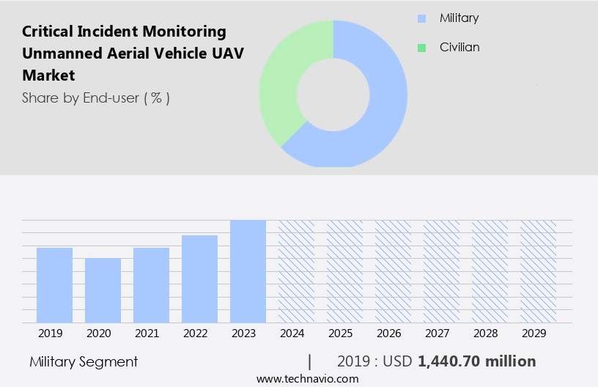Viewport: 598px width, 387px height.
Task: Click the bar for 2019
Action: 54,285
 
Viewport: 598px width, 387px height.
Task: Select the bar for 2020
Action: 103,290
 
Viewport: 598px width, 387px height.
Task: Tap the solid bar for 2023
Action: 248,271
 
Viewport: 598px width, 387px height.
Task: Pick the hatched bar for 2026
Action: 393,271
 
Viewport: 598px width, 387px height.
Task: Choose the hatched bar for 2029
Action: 538,271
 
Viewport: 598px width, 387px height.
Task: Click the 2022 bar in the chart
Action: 199,279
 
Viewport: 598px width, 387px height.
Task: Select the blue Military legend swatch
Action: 421,18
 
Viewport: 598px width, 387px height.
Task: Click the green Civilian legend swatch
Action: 421,48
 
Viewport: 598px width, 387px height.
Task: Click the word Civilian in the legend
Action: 459,48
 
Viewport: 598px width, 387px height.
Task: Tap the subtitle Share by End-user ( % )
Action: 96,97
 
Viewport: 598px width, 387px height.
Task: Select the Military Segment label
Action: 84,361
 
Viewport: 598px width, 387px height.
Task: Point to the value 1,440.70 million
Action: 476,361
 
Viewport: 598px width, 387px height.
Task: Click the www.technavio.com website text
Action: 307,379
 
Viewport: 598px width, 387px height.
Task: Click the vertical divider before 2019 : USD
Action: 310,361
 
